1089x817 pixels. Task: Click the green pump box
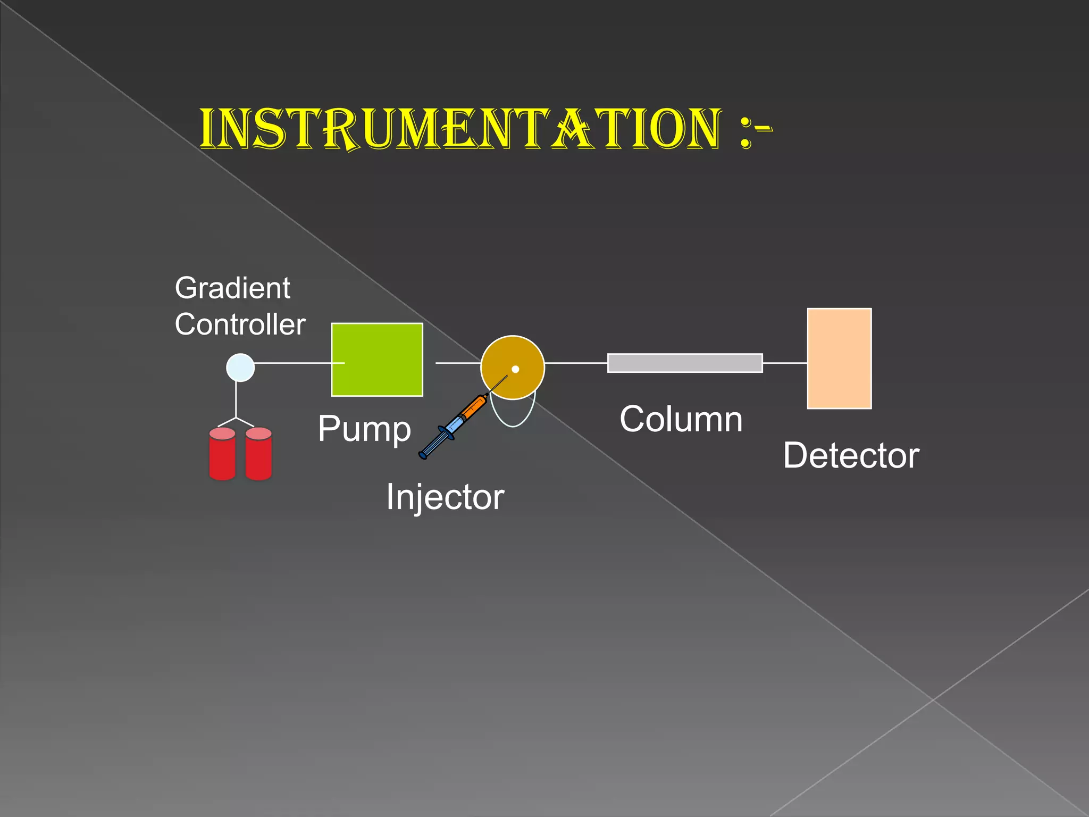click(377, 360)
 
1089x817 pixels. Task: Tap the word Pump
click(364, 429)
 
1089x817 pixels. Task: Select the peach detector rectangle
click(839, 359)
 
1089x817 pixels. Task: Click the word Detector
click(851, 456)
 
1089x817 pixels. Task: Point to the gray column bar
click(685, 363)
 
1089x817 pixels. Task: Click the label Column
click(681, 419)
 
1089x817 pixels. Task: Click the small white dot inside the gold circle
click(515, 369)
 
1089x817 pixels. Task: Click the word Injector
click(445, 497)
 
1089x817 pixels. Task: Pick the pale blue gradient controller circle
click(240, 368)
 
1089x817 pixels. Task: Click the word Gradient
click(232, 288)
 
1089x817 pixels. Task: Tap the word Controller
click(240, 324)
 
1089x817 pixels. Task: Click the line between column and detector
click(785, 363)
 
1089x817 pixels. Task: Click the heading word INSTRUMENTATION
click(460, 129)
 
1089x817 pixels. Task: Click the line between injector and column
click(576, 363)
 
